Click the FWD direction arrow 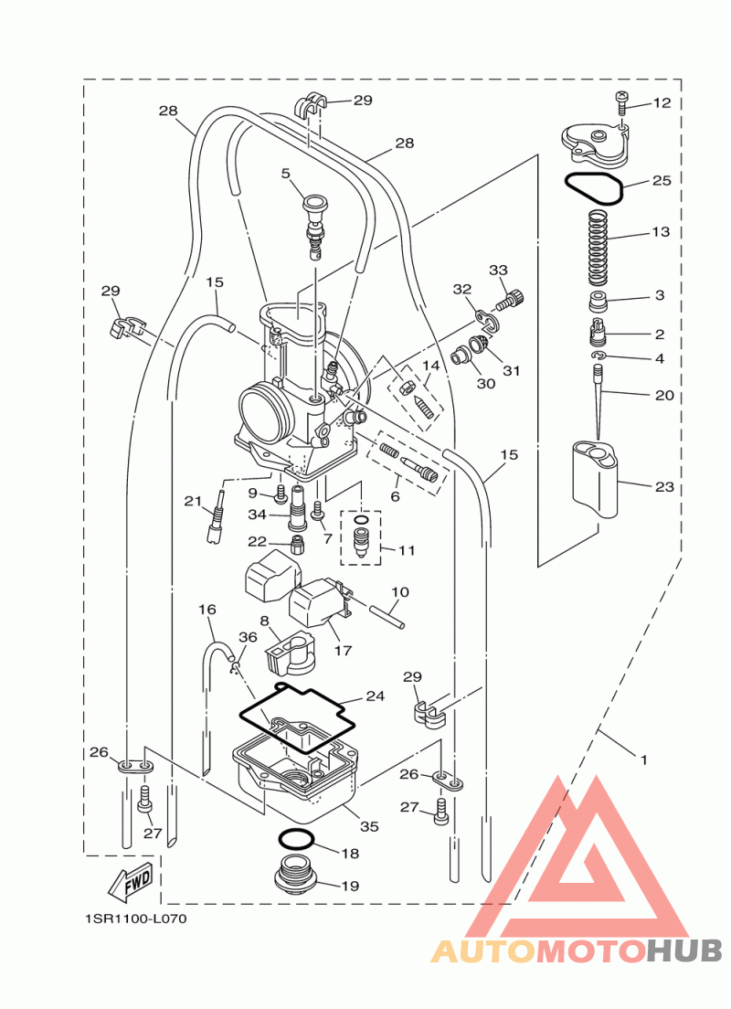tap(131, 879)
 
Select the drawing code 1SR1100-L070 tap(136, 919)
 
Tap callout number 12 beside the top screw tap(662, 103)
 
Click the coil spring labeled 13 tap(599, 248)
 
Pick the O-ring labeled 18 tap(296, 840)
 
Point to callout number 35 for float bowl tap(369, 826)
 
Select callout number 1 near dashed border tap(644, 760)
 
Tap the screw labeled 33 tap(510, 299)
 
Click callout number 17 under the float tap(343, 650)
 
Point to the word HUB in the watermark tap(684, 951)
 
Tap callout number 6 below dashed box tap(395, 496)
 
